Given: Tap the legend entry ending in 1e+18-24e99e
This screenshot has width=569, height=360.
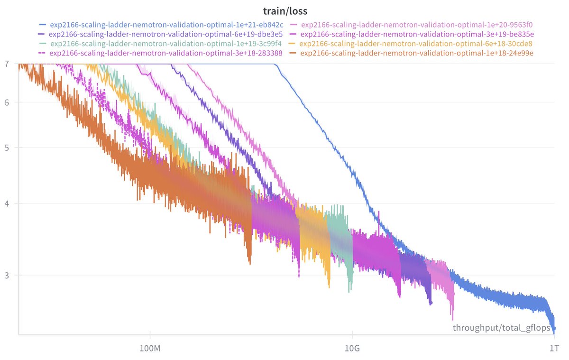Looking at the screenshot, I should tap(417, 53).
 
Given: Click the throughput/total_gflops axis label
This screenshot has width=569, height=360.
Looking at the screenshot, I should tap(502, 328).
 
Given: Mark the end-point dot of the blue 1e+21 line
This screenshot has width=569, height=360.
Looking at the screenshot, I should tap(554, 328).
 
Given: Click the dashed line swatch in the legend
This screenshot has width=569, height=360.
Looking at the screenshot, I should tap(43, 53).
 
